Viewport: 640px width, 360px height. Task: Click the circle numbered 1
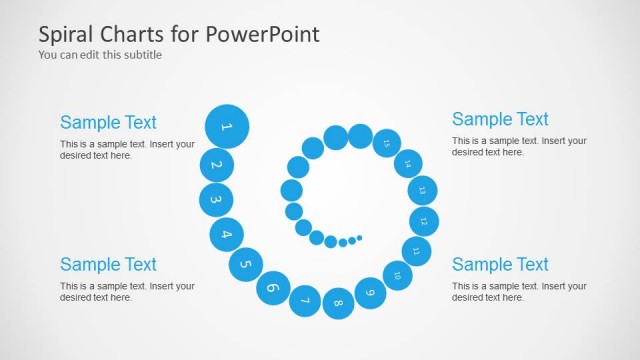[227, 126]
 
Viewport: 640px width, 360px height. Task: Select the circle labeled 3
[215, 200]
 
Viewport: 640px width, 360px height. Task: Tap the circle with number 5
[245, 264]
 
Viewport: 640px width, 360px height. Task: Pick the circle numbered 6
[272, 288]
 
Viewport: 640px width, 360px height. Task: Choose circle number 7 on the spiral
[305, 300]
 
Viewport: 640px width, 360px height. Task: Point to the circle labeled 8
[339, 303]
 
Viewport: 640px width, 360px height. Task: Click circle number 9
[371, 293]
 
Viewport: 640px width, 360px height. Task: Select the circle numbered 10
[397, 275]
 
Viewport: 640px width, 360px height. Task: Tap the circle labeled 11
[416, 250]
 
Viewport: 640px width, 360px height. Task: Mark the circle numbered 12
[424, 220]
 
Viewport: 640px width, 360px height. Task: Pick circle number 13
[422, 190]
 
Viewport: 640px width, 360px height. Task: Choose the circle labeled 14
[408, 163]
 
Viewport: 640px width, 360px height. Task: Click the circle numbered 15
[386, 144]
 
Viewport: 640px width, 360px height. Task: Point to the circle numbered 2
[217, 165]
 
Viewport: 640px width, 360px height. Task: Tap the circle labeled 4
[226, 234]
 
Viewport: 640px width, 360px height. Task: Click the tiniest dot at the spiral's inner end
[360, 238]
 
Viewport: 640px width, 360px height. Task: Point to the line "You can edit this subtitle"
[100, 55]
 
